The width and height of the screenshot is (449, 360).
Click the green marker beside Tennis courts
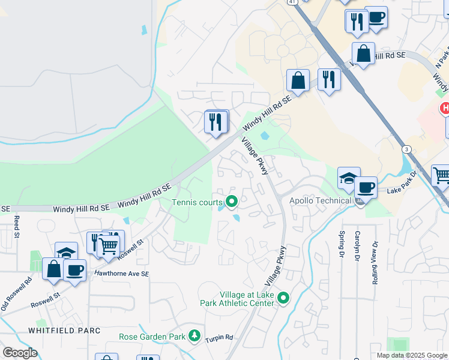[231, 202]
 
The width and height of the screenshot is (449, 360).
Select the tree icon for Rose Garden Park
[194, 337]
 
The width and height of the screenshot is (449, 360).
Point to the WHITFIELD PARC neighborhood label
[63, 331]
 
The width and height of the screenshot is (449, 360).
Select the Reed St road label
[17, 226]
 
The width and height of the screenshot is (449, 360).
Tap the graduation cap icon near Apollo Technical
[348, 178]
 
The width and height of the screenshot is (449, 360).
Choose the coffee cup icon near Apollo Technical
[365, 187]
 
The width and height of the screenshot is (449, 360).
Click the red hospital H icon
[445, 109]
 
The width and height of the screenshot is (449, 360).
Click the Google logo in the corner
[20, 353]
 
